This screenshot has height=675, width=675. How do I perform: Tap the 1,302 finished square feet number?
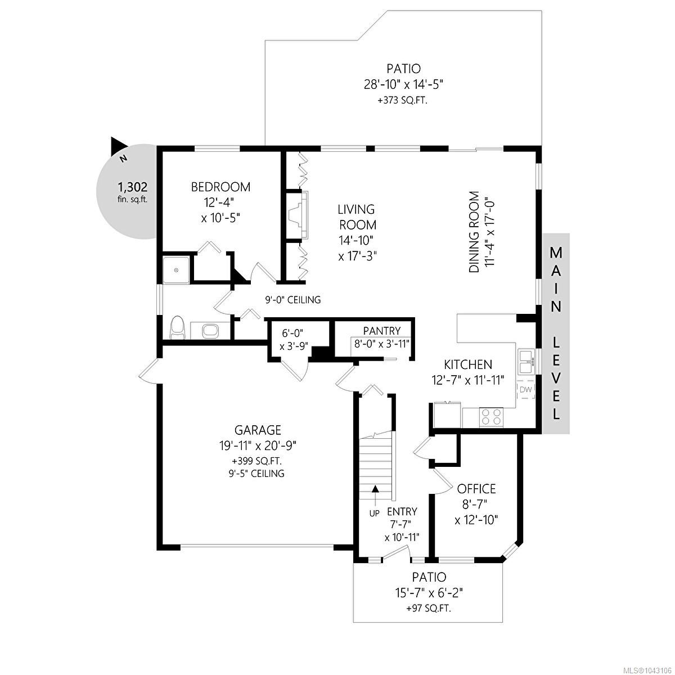(x=132, y=187)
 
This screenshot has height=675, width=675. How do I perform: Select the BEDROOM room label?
(x=220, y=187)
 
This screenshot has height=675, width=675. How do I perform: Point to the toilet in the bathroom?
(x=177, y=327)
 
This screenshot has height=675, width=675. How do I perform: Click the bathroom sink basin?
(x=210, y=330)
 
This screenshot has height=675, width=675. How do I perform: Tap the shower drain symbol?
(x=176, y=270)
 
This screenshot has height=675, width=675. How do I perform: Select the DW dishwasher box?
(x=525, y=389)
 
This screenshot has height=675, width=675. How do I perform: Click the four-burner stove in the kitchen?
(x=491, y=417)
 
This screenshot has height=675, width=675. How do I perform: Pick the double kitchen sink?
(x=525, y=362)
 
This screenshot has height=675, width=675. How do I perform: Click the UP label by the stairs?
(x=375, y=514)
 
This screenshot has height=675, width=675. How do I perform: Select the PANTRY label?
(x=381, y=331)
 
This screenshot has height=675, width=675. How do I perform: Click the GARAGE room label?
(x=258, y=429)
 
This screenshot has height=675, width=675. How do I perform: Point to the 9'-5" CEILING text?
(x=256, y=474)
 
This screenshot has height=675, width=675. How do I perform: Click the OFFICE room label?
(x=476, y=488)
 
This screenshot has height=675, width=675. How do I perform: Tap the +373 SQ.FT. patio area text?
(x=403, y=101)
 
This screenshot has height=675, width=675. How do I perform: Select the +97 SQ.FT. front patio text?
(x=429, y=619)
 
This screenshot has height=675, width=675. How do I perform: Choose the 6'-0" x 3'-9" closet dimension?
(x=294, y=339)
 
